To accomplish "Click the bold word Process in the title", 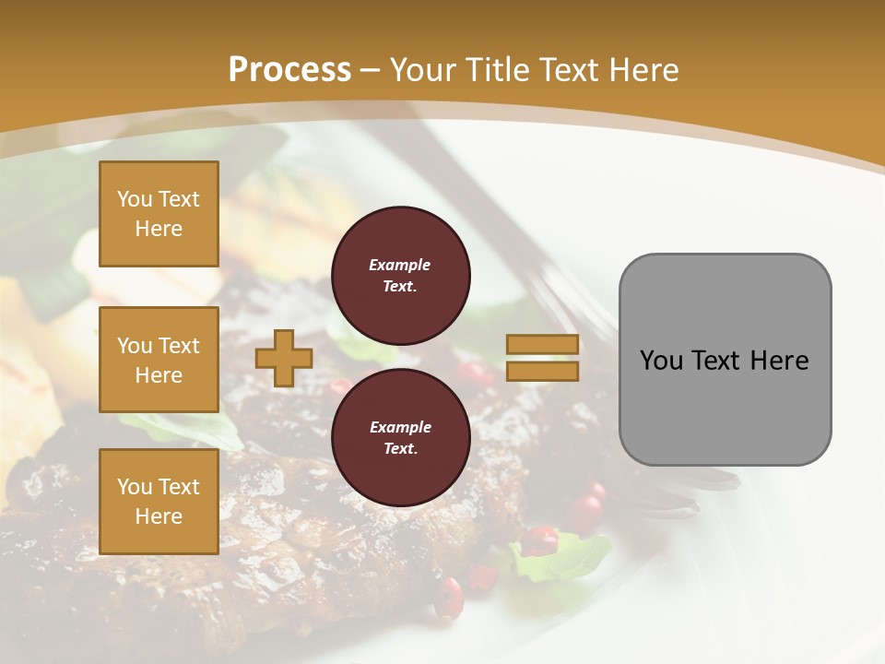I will (x=289, y=70).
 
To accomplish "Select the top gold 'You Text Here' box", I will (x=159, y=214).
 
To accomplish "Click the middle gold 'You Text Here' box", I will (x=159, y=360).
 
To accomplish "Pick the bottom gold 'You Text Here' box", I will (x=159, y=501).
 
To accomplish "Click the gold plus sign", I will (x=283, y=358).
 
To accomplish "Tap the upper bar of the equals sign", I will (x=543, y=344).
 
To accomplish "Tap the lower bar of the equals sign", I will (x=543, y=371).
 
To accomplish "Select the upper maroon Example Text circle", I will (x=400, y=276).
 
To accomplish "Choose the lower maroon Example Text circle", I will (x=400, y=438).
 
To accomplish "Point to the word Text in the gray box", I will (x=717, y=361).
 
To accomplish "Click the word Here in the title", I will (x=645, y=70).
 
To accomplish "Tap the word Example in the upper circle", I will (x=400, y=265).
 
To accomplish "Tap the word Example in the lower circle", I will (x=400, y=427).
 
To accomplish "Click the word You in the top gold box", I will (x=135, y=199).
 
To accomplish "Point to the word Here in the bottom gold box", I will (x=159, y=516).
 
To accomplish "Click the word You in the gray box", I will (x=661, y=361).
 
